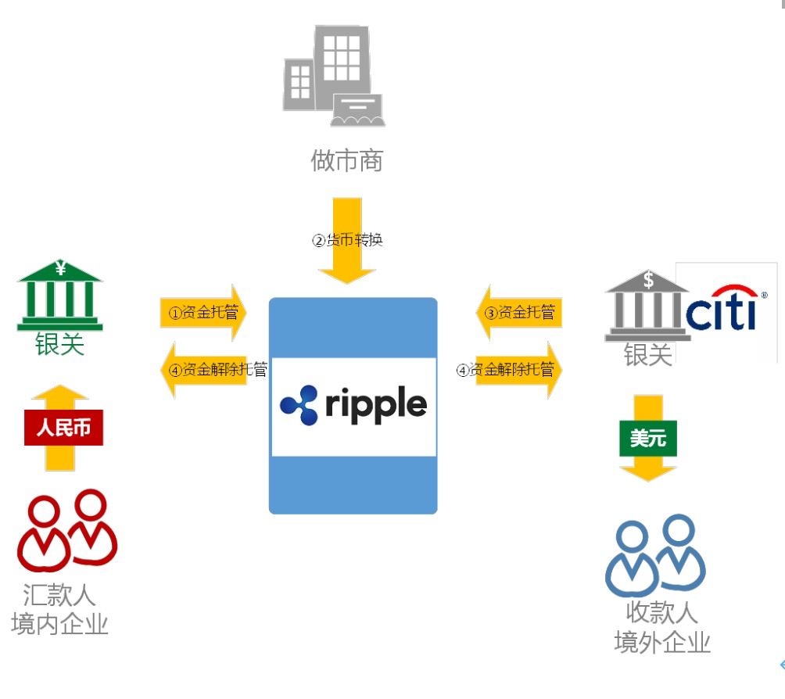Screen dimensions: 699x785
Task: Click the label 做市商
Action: point(347,161)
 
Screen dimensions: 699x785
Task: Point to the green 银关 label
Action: point(59,344)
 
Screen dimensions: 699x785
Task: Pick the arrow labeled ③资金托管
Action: point(519,313)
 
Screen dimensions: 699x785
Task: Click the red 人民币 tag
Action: point(63,428)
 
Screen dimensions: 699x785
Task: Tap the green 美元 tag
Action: point(648,439)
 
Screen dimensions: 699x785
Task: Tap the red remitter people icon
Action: point(66,531)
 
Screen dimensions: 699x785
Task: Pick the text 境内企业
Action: point(60,624)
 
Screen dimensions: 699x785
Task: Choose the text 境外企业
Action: point(662,642)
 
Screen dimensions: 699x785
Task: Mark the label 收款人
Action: point(661,612)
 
